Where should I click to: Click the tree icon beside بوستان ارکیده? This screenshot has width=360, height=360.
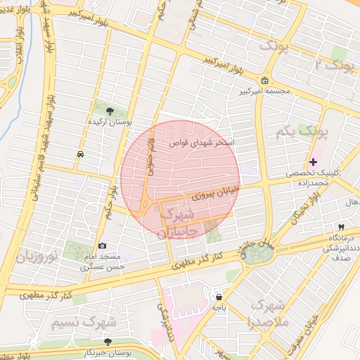[x=109, y=110]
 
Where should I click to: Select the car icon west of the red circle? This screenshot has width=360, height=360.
[x=81, y=153]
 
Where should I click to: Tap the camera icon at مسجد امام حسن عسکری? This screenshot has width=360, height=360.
[x=103, y=245]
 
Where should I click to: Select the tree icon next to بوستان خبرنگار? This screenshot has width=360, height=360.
[x=107, y=341]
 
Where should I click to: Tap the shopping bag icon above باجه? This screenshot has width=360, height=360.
[x=219, y=297]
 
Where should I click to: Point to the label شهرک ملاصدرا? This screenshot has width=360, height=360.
[x=265, y=314]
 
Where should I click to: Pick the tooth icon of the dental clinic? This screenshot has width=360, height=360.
[x=341, y=227]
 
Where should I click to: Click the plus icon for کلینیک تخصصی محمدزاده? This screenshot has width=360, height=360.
[x=314, y=162]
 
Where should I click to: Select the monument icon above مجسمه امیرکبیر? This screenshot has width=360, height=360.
[x=264, y=80]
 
